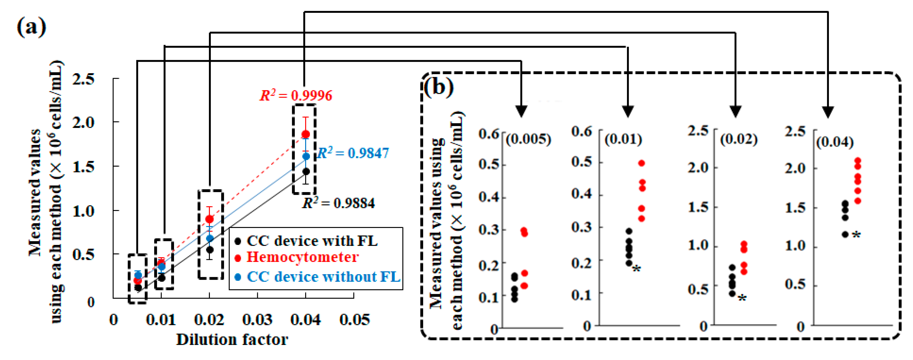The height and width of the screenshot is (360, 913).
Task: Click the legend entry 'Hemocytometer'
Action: point(302,257)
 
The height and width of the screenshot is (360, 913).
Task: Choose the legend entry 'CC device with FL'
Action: point(312,241)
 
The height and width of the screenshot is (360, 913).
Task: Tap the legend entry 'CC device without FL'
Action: point(323,276)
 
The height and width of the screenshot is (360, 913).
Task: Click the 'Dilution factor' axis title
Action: point(232,339)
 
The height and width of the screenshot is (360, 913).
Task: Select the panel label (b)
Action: point(438,87)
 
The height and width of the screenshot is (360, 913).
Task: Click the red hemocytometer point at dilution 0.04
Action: point(306,134)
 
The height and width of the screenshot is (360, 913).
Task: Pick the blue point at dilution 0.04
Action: point(306,156)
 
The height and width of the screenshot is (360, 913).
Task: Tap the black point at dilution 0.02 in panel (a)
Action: point(210,250)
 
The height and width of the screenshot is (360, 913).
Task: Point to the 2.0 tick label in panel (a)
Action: point(84,123)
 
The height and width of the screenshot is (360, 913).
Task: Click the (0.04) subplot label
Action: point(835,142)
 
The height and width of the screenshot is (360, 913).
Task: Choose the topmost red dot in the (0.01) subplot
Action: point(642,163)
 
